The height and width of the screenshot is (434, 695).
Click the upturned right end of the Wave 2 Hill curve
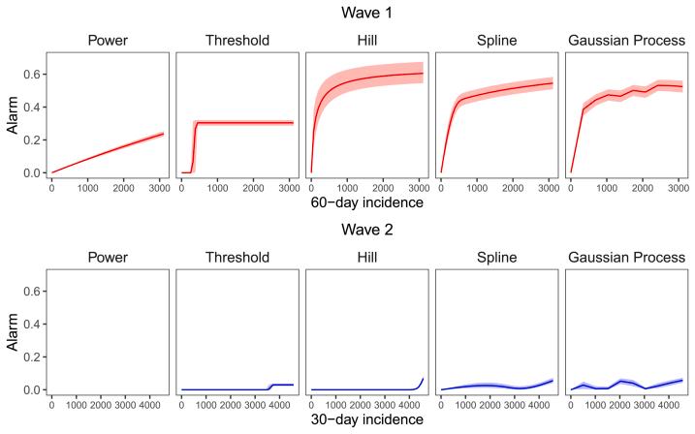pyautogui.click(x=423, y=381)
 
